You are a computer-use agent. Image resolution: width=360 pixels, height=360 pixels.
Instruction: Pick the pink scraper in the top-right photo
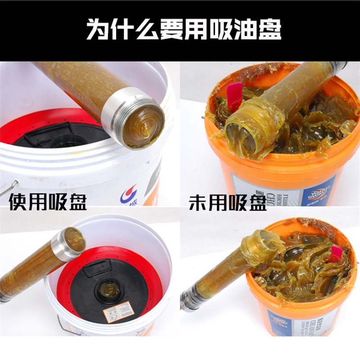point(234,96)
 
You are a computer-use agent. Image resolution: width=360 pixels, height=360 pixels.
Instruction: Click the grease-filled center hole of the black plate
point(109,288)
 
